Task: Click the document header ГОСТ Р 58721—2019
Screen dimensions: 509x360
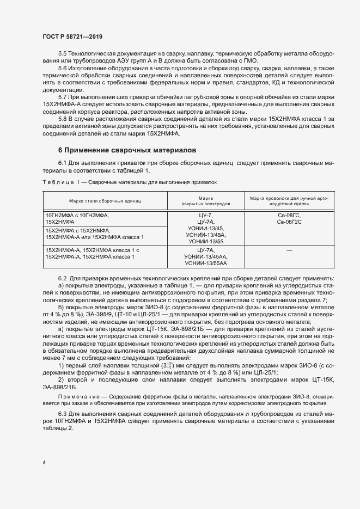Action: click(72, 36)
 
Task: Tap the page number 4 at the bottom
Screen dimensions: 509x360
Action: click(44, 463)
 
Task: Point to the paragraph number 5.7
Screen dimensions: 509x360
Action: click(63, 97)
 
